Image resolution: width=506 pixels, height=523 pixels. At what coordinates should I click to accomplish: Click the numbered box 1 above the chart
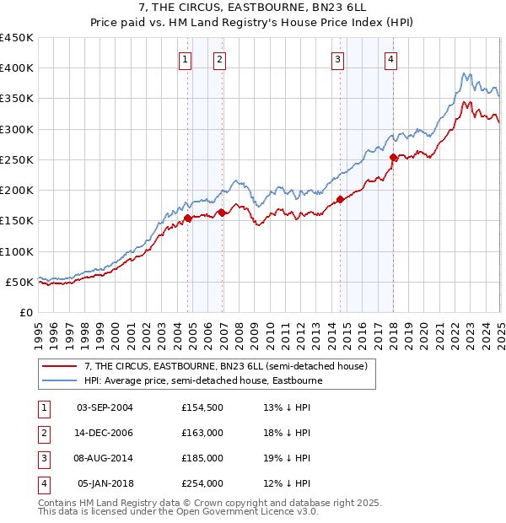(185, 59)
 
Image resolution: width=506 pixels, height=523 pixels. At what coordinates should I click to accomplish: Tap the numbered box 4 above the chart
(391, 59)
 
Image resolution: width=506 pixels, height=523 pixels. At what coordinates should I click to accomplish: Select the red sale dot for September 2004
(187, 218)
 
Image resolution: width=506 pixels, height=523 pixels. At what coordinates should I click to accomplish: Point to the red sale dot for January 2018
(393, 157)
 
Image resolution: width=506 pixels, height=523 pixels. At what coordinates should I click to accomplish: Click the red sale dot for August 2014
(340, 199)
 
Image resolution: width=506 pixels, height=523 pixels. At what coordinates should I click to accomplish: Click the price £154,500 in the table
(202, 407)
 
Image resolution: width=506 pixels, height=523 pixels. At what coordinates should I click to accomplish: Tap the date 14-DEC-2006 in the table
(105, 433)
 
